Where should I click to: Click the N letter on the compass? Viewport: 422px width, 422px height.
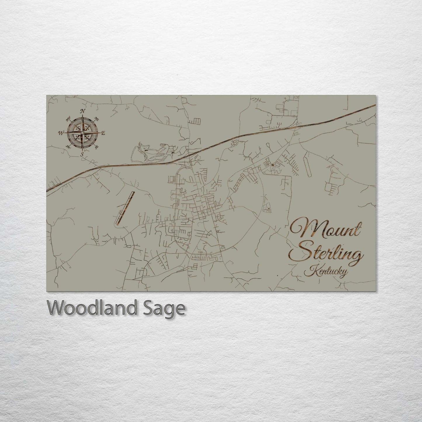[x=83, y=111]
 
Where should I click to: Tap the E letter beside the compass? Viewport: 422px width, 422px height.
[x=103, y=133]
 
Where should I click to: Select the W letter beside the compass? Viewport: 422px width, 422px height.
[x=61, y=133]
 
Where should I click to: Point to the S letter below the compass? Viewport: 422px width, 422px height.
[x=82, y=154]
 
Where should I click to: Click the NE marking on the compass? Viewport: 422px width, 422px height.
[x=97, y=119]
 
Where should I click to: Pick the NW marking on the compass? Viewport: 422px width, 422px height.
[x=69, y=119]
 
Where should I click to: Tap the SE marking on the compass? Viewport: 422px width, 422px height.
[x=97, y=147]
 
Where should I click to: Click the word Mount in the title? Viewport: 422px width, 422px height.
[x=326, y=230]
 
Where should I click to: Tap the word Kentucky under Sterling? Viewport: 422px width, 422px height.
[x=326, y=272]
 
